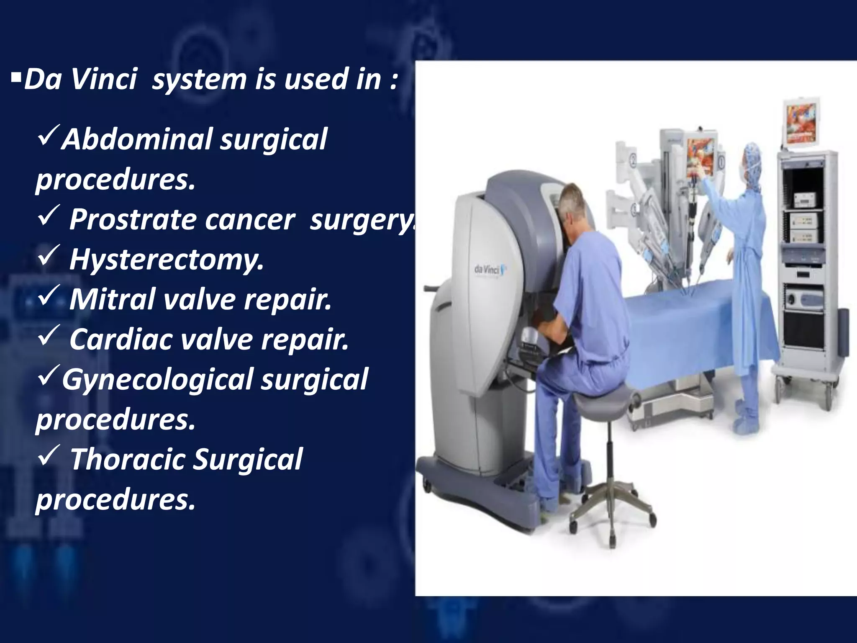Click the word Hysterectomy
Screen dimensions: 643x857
pos(167,260)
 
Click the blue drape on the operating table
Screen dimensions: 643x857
pos(690,318)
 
